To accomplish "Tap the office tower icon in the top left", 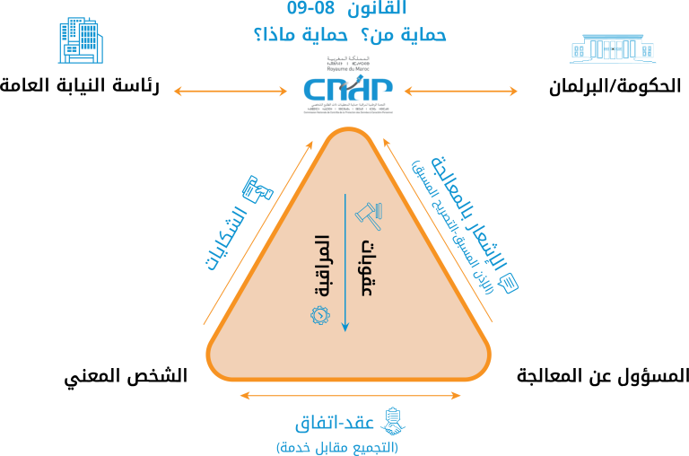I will [80, 41].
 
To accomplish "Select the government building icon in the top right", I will [613, 48].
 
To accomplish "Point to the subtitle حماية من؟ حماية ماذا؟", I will [350, 36].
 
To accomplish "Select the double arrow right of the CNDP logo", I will [461, 91].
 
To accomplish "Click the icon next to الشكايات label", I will [258, 189].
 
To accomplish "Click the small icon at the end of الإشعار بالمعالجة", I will [510, 285].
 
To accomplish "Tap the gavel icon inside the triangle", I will [367, 214].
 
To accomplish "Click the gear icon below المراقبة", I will [320, 315].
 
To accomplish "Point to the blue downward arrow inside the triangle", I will [344, 260].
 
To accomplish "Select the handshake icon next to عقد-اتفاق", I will [393, 421].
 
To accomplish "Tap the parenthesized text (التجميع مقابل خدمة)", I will [337, 446].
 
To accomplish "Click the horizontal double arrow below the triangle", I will [350, 395].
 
